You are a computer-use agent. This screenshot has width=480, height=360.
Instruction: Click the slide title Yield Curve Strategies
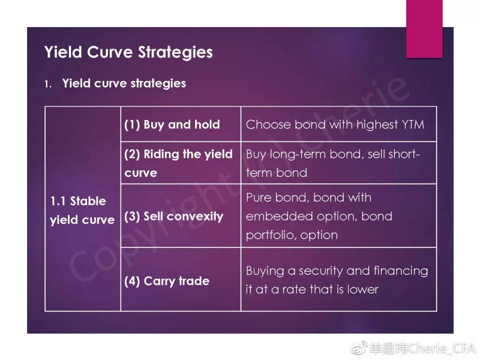pos(128,52)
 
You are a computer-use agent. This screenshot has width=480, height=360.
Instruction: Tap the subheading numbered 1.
pos(115,84)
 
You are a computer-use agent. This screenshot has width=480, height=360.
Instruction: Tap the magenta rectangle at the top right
pos(424,29)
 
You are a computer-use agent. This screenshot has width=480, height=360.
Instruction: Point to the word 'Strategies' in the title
pos(175,52)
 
